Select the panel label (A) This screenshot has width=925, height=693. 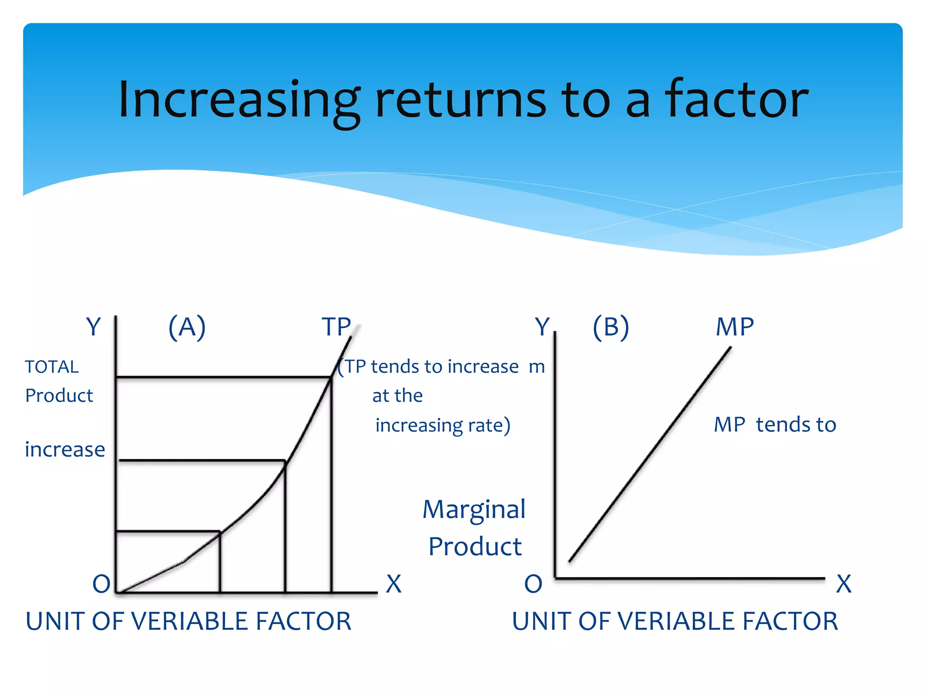point(187,327)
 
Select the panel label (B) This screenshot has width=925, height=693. point(611,327)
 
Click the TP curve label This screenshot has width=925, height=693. point(336,327)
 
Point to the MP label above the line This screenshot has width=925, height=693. point(735,327)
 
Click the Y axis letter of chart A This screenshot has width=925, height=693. point(93,327)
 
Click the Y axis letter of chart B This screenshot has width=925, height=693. point(542,327)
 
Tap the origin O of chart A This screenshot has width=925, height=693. point(101,584)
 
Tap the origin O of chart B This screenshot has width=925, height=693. point(533,584)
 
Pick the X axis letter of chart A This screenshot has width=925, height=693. point(394,584)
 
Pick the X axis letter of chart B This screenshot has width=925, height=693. point(844,584)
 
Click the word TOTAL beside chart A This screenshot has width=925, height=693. point(52,367)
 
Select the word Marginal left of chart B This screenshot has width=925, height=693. point(474,510)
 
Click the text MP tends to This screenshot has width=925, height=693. point(775,425)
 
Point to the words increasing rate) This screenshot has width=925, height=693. point(443,425)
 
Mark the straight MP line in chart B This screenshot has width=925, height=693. point(650,454)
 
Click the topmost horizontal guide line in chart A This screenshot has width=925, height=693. point(224,377)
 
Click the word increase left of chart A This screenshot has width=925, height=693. point(65,449)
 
